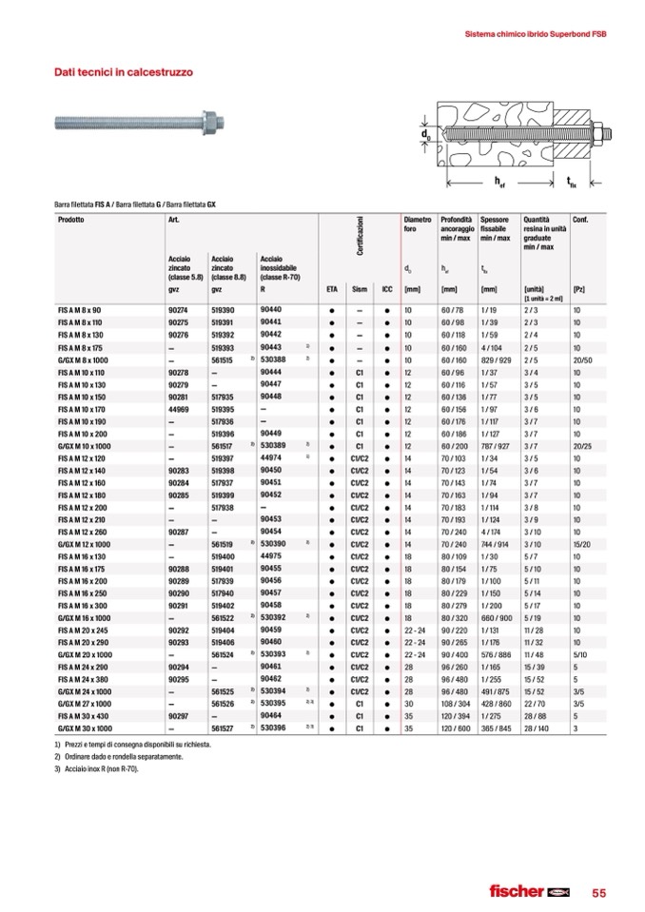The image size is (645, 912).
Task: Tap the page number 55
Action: click(598, 892)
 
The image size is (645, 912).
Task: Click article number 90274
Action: click(177, 310)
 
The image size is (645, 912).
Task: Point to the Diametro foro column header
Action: click(418, 224)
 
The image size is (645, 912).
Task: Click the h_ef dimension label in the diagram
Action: click(500, 179)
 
